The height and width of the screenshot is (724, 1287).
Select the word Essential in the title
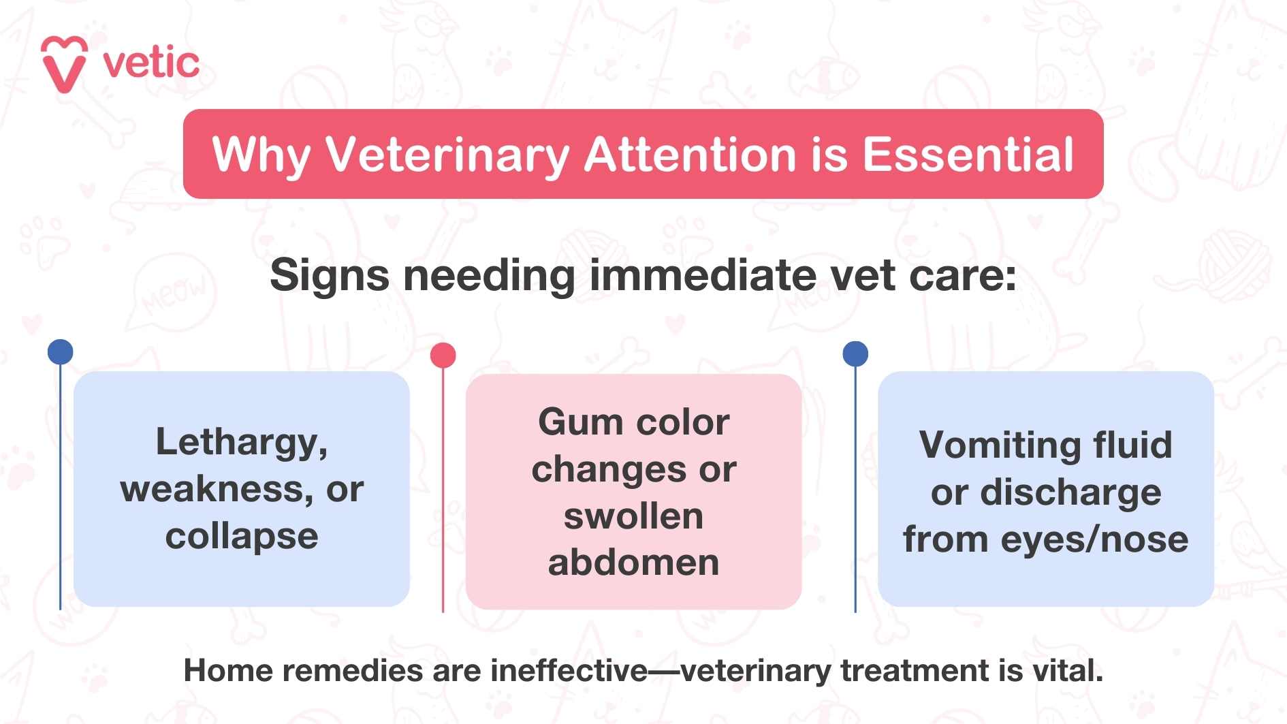pos(968,155)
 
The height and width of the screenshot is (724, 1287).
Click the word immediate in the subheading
pos(703,275)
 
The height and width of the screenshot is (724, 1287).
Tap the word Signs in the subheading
pos(330,275)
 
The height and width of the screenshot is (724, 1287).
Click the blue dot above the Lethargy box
pos(61,351)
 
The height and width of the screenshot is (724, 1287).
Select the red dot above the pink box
pos(443,355)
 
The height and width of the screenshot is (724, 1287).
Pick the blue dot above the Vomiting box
pos(855,353)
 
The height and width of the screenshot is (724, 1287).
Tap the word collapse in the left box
pos(242,537)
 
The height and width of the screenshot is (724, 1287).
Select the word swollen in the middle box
pos(633,516)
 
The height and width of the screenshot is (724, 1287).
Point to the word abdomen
pos(633,563)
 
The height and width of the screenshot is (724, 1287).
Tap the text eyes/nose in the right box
pos(1094,539)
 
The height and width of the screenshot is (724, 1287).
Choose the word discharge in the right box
pos(1070,492)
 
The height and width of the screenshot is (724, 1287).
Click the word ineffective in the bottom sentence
pos(569,671)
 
